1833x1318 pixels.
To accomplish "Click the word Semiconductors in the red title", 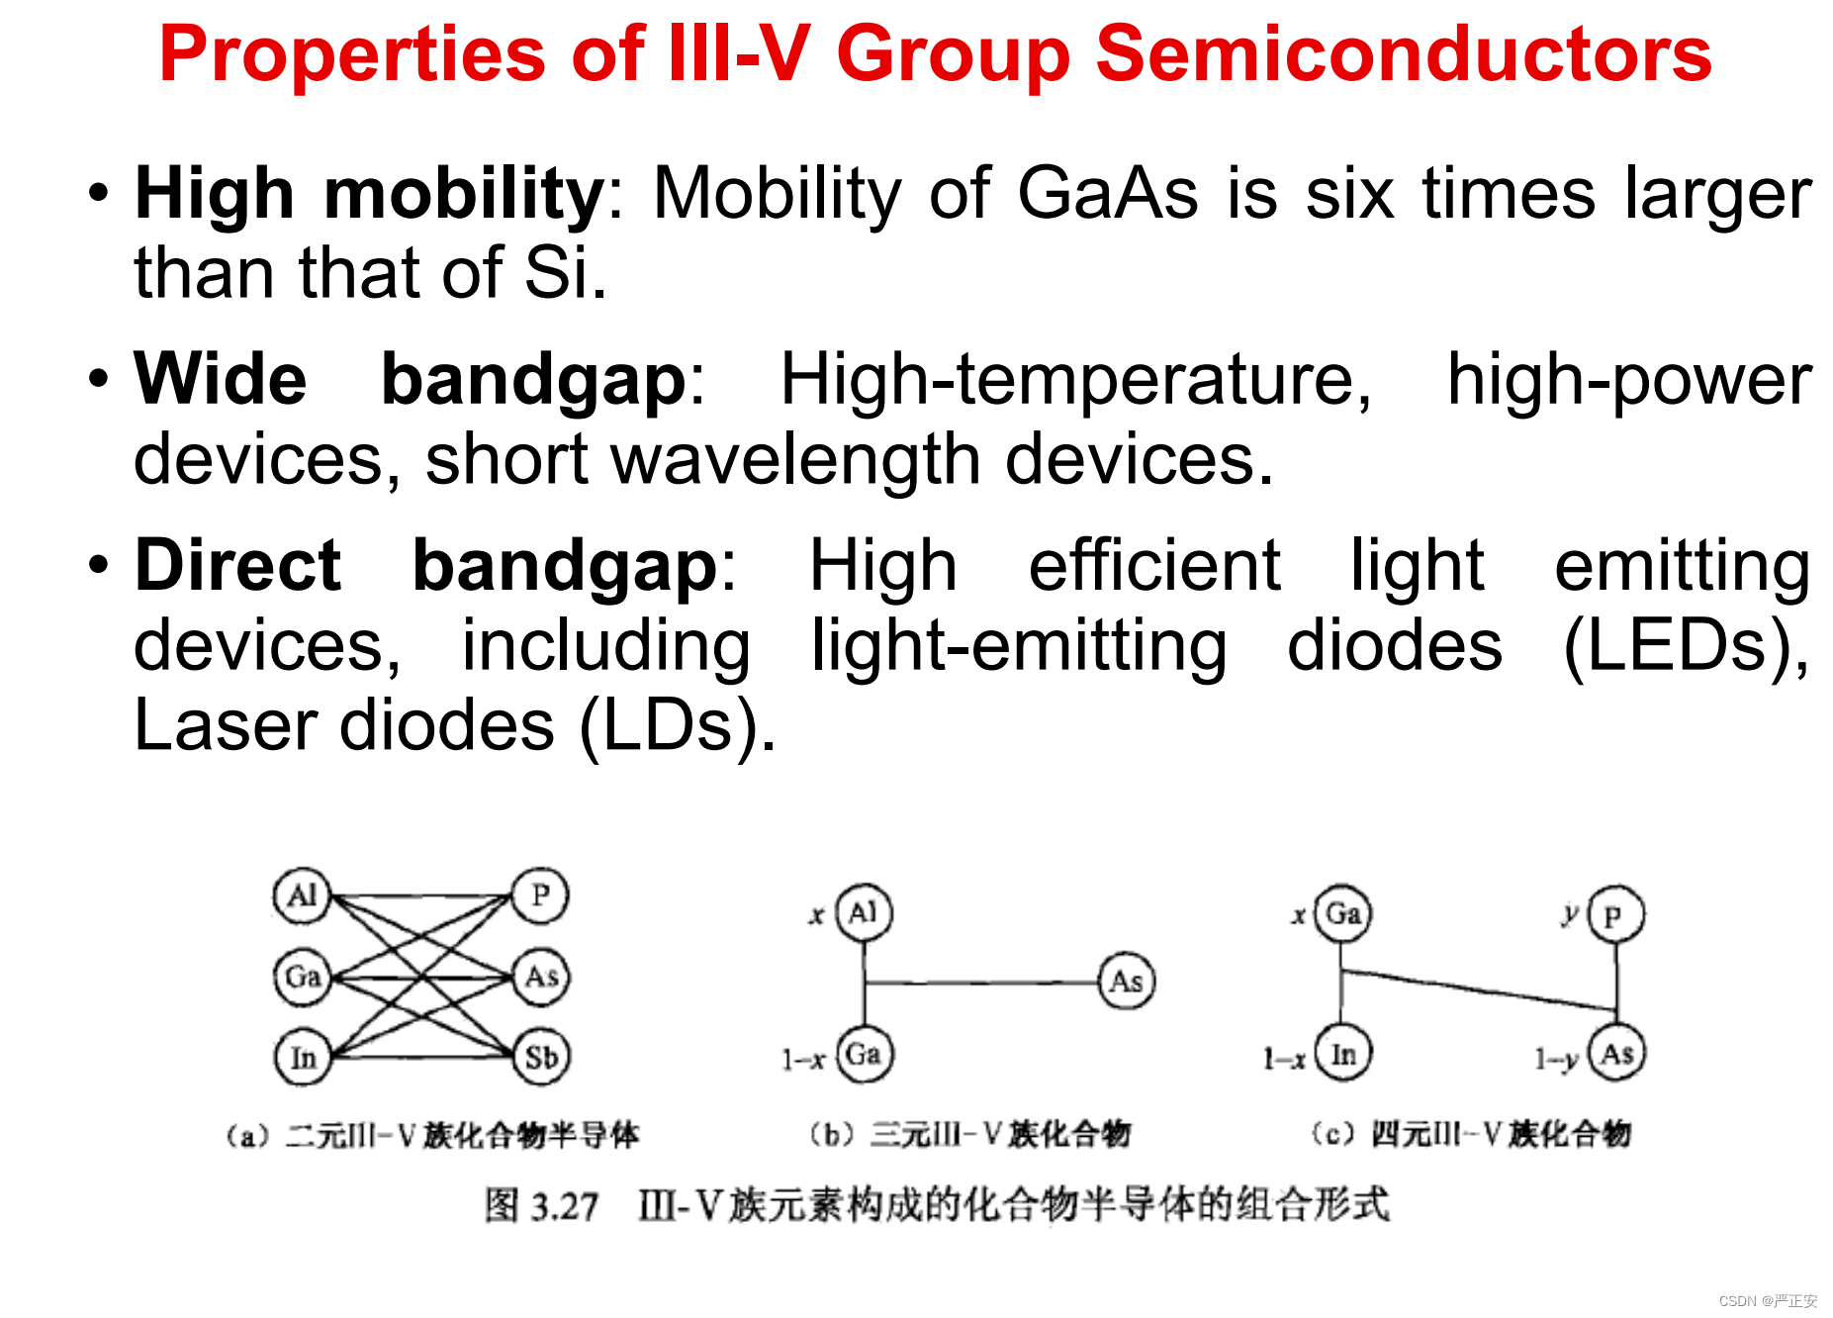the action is click(1404, 53).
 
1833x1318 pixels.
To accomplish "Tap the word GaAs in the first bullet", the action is click(1108, 192).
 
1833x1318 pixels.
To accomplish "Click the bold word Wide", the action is click(221, 379).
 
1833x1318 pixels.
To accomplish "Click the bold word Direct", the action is click(238, 565).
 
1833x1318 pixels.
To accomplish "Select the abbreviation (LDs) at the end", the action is click(677, 725).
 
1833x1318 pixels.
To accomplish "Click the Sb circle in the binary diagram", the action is click(541, 1056).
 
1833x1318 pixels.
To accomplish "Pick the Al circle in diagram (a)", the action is click(302, 896).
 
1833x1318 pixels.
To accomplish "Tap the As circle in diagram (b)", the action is click(1127, 981).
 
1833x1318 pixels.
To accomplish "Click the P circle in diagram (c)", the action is click(1615, 914).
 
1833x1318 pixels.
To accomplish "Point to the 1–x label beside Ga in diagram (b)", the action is click(803, 1060).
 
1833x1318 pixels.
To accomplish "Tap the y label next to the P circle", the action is click(1570, 914).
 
